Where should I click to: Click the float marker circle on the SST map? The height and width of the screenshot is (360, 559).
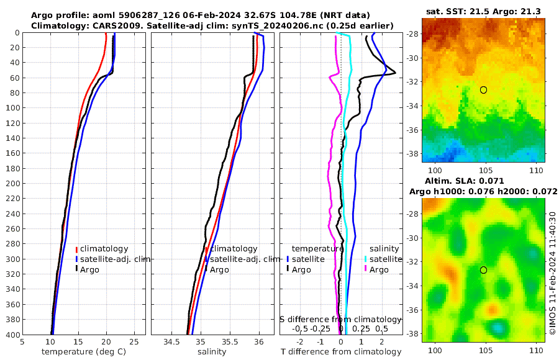pyautogui.click(x=483, y=90)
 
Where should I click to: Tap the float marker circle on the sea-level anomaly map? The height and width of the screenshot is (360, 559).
pyautogui.click(x=483, y=270)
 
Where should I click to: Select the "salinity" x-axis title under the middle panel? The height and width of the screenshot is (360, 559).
pyautogui.click(x=211, y=352)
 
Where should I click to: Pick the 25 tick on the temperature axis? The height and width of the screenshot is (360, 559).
pyautogui.click(x=134, y=341)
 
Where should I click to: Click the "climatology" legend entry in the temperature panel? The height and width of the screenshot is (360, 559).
pyautogui.click(x=104, y=249)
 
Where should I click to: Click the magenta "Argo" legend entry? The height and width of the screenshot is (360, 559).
pyautogui.click(x=379, y=269)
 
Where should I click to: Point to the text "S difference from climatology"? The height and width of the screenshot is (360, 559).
pyautogui.click(x=340, y=318)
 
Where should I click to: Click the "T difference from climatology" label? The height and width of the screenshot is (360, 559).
pyautogui.click(x=340, y=352)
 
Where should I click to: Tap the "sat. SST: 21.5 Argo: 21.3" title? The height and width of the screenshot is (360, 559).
pyautogui.click(x=483, y=12)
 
